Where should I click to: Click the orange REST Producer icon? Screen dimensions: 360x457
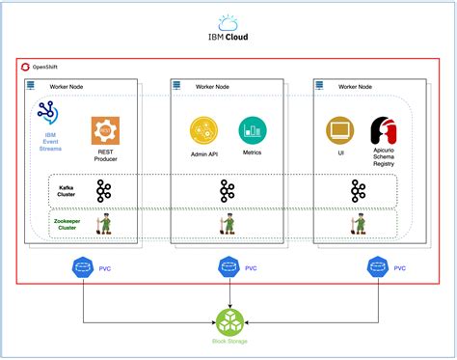(x=104, y=130)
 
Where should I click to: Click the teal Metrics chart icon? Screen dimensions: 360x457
(x=253, y=129)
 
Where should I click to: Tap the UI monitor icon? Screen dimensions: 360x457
(x=340, y=130)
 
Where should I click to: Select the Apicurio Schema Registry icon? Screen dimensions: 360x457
(x=386, y=131)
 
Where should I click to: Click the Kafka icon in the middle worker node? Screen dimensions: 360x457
(x=228, y=190)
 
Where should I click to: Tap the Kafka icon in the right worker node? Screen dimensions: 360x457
(x=359, y=190)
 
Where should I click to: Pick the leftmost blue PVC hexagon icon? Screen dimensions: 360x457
(x=81, y=267)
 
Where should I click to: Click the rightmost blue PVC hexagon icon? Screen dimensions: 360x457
(x=375, y=267)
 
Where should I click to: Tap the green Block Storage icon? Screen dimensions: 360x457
(x=228, y=320)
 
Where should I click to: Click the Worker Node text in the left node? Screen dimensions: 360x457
(x=66, y=86)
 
